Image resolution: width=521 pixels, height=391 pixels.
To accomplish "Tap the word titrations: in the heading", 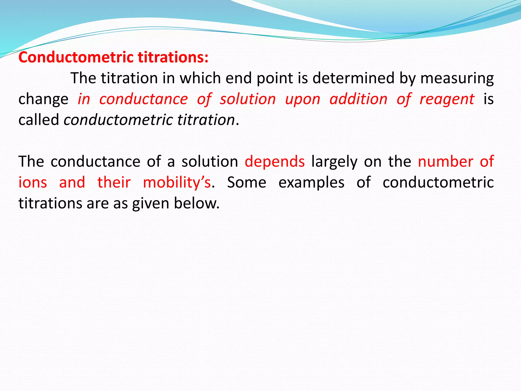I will [x=173, y=57].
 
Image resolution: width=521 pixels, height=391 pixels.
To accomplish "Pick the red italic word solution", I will [x=248, y=99].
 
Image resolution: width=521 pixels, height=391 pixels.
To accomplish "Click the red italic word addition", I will [x=358, y=99].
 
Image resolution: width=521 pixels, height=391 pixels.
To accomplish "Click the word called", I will [x=39, y=120].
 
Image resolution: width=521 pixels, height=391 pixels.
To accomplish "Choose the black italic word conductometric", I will [x=118, y=120].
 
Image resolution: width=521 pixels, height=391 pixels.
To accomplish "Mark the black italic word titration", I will [x=206, y=120].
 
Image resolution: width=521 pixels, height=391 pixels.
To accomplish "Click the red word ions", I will [x=33, y=183].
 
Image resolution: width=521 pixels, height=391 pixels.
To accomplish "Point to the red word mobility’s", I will [x=177, y=183].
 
